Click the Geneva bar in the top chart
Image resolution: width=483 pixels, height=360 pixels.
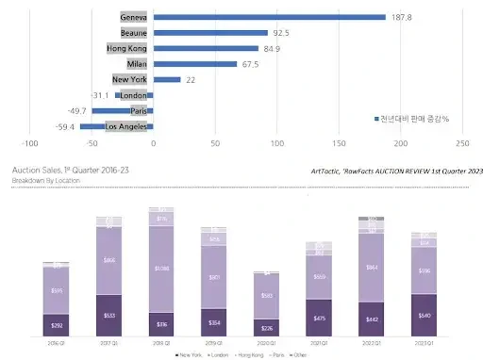coord(269,16)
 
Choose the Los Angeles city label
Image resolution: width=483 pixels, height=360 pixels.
coord(127,125)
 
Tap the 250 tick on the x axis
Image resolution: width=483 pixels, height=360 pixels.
coord(462,144)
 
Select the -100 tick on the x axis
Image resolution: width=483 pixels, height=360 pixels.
coord(30,144)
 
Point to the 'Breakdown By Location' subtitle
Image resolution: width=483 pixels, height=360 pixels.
coord(47,179)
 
